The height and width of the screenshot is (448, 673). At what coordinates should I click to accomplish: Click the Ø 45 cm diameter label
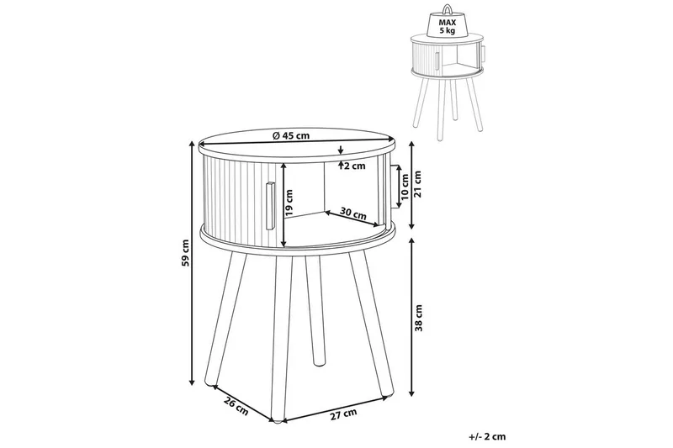[290, 136]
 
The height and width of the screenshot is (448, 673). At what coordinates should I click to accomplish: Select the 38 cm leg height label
[419, 318]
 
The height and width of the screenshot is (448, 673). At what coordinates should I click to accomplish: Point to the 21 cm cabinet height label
[418, 183]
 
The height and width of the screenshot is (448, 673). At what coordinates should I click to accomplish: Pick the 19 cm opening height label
[289, 203]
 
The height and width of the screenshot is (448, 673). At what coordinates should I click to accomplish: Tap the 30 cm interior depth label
[353, 213]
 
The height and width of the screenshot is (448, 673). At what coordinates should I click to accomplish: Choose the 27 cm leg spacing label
[343, 414]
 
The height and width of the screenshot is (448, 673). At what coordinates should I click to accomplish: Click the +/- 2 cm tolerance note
[487, 437]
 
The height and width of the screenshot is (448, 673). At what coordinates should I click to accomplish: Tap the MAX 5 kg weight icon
[448, 22]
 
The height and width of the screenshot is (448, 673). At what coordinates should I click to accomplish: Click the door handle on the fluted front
[270, 206]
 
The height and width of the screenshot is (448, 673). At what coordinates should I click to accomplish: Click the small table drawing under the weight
[448, 86]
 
